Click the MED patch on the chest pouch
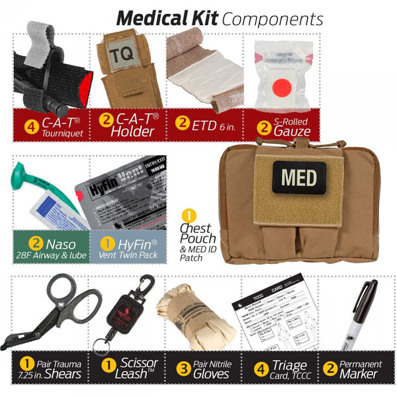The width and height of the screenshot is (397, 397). click(294, 177)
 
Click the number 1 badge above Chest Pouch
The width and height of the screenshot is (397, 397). click(189, 216)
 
